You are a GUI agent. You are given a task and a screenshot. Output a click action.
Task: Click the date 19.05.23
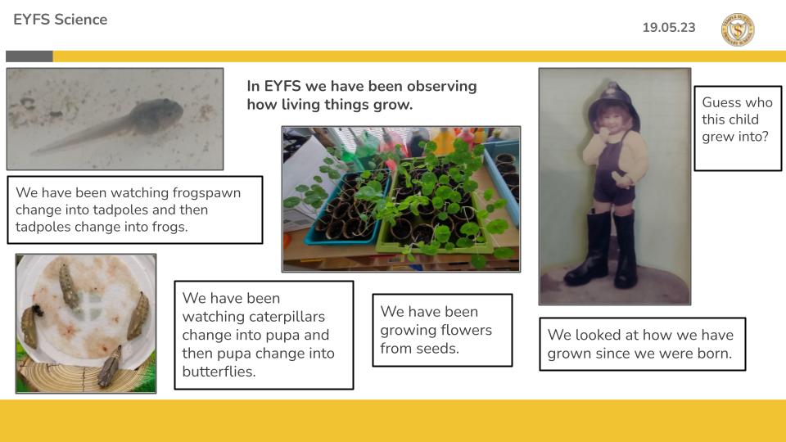[669, 27]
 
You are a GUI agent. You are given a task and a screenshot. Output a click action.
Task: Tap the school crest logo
[738, 29]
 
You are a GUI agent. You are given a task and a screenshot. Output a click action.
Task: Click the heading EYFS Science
[60, 20]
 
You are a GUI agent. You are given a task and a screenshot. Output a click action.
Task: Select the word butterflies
[219, 372]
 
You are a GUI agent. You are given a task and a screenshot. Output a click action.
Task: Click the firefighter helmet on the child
[615, 105]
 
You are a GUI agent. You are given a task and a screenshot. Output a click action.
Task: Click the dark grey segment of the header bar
[29, 56]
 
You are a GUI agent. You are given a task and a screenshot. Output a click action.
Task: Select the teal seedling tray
[348, 209]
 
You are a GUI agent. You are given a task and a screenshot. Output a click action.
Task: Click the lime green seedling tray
[434, 205]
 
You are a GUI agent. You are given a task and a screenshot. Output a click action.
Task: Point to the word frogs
[171, 228]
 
